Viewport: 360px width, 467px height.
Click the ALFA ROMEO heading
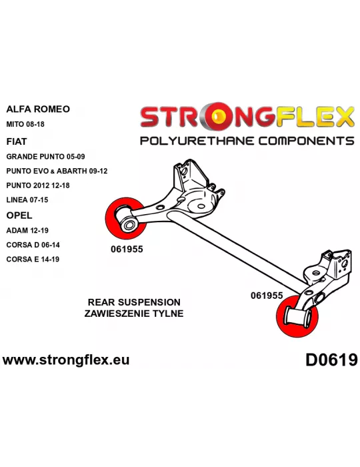tap(38, 109)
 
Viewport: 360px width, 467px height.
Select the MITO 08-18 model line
tap(25, 124)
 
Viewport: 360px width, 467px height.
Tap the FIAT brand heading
tap(17, 141)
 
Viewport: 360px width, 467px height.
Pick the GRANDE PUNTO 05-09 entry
tap(45, 156)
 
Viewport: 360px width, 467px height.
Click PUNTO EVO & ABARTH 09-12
tap(57, 171)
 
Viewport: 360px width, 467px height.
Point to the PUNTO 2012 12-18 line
tap(38, 185)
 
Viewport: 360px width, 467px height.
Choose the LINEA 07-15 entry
tap(27, 199)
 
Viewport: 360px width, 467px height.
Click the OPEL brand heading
tap(19, 215)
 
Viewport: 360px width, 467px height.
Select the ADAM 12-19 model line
tap(27, 230)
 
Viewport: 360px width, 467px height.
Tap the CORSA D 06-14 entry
tap(33, 245)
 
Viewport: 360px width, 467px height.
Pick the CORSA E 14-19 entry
tap(33, 259)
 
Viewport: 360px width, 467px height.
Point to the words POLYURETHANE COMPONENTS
tap(247, 141)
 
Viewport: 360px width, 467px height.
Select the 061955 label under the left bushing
tap(127, 249)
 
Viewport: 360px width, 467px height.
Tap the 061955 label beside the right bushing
tap(267, 296)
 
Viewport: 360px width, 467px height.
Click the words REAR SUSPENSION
tap(134, 302)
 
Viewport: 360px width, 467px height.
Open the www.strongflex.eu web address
tap(66, 360)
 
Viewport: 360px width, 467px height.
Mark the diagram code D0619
tap(331, 360)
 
